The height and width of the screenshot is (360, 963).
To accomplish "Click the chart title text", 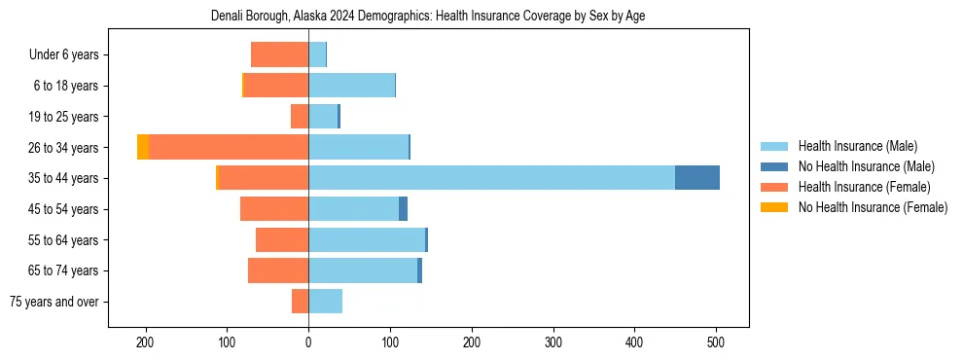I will coord(428,16).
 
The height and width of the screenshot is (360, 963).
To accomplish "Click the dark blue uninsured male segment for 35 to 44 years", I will coord(697,178).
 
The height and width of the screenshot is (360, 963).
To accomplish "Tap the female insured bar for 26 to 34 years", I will coord(229,147).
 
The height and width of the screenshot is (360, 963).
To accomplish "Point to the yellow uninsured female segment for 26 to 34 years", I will coord(143,147).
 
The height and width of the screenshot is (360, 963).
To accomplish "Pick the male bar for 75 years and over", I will coord(325,302).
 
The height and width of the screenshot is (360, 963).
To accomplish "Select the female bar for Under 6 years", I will coord(279,54).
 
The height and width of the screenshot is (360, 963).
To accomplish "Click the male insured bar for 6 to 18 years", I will coord(351,86).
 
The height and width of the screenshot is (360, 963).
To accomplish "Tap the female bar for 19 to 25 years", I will coord(300,117).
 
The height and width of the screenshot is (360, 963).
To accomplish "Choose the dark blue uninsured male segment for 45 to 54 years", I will coord(403,209).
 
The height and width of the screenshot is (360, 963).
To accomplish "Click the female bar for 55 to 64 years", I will coord(282,239).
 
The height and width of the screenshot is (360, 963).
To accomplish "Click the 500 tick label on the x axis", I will coord(716,342).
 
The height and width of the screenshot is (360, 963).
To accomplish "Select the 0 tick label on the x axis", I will coord(308,342).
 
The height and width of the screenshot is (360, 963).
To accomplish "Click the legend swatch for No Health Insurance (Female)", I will coord(774,207).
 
